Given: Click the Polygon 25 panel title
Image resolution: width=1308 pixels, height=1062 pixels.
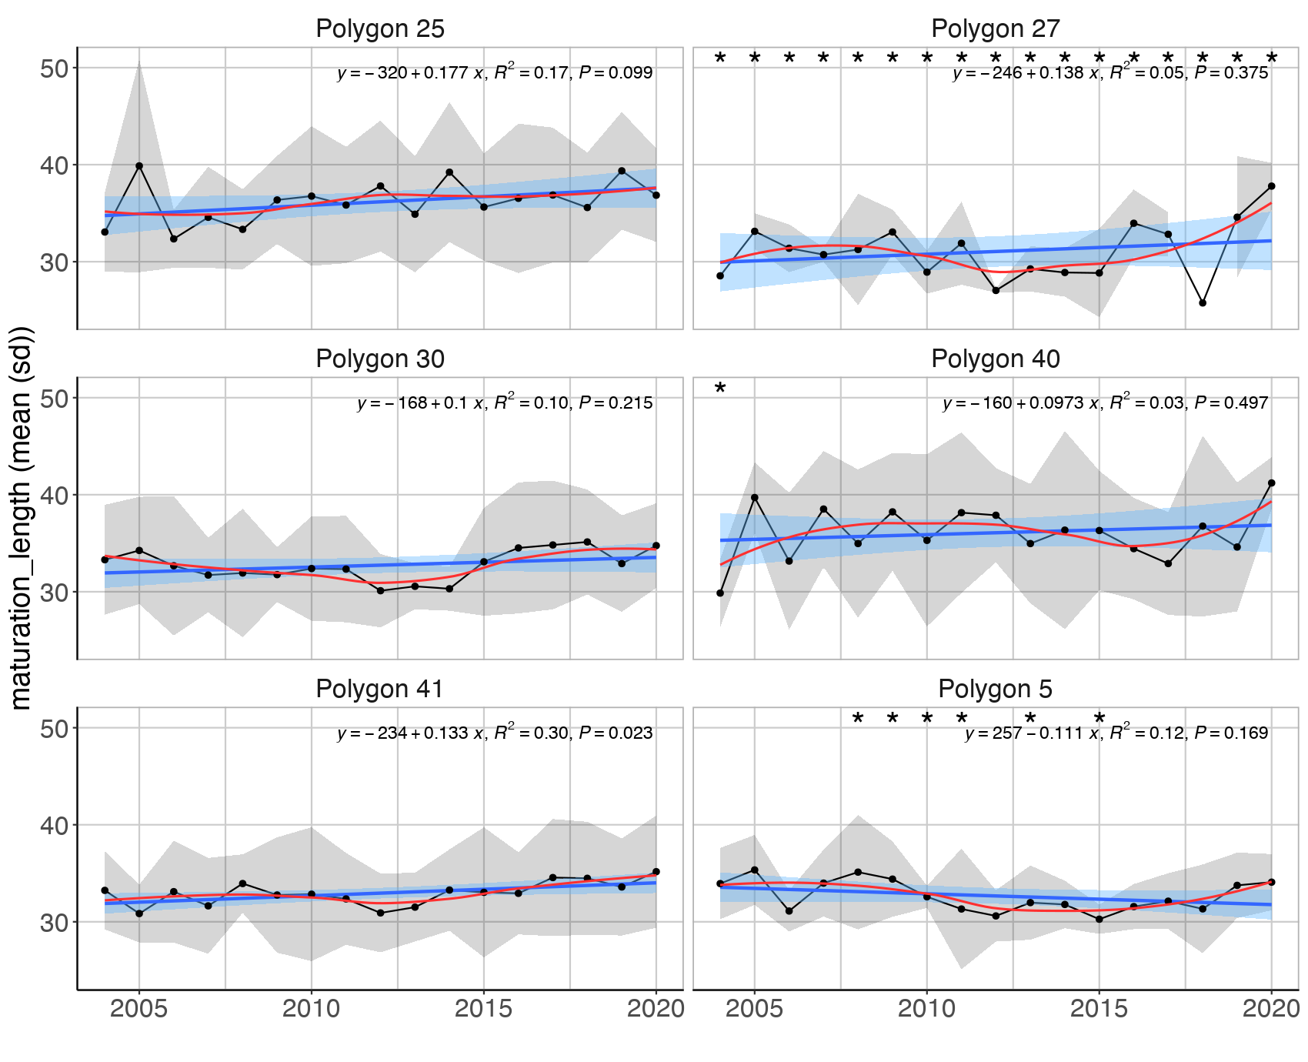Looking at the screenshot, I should click(x=380, y=29).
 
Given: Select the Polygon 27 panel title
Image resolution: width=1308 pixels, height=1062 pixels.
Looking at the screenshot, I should click(x=995, y=29).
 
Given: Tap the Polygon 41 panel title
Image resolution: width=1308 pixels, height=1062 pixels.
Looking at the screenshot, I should click(x=380, y=689).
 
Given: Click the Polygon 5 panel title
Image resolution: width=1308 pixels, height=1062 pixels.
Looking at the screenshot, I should click(x=995, y=689).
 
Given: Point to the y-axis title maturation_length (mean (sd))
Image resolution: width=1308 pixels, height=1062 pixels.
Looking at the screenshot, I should click(x=21, y=518).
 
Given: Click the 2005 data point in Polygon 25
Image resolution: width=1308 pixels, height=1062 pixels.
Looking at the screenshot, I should click(x=139, y=166).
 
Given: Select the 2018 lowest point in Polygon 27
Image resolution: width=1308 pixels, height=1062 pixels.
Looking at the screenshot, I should click(x=1203, y=303).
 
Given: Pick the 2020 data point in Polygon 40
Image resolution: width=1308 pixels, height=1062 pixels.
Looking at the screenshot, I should click(x=1271, y=483).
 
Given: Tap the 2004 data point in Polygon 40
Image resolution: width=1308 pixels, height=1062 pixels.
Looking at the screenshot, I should click(x=720, y=593).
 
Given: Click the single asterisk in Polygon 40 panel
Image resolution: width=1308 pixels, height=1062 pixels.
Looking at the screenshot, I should click(x=720, y=389).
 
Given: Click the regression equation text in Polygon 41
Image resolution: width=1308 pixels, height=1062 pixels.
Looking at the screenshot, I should click(x=495, y=733).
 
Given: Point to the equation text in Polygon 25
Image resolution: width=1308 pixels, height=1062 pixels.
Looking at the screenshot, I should click(x=495, y=73).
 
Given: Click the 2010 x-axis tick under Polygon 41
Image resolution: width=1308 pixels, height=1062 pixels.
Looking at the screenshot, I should click(x=311, y=1009).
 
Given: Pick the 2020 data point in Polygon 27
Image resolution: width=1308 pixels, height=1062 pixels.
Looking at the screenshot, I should click(x=1271, y=186).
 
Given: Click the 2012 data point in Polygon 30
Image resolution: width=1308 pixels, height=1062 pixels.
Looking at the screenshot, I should click(x=380, y=590).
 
